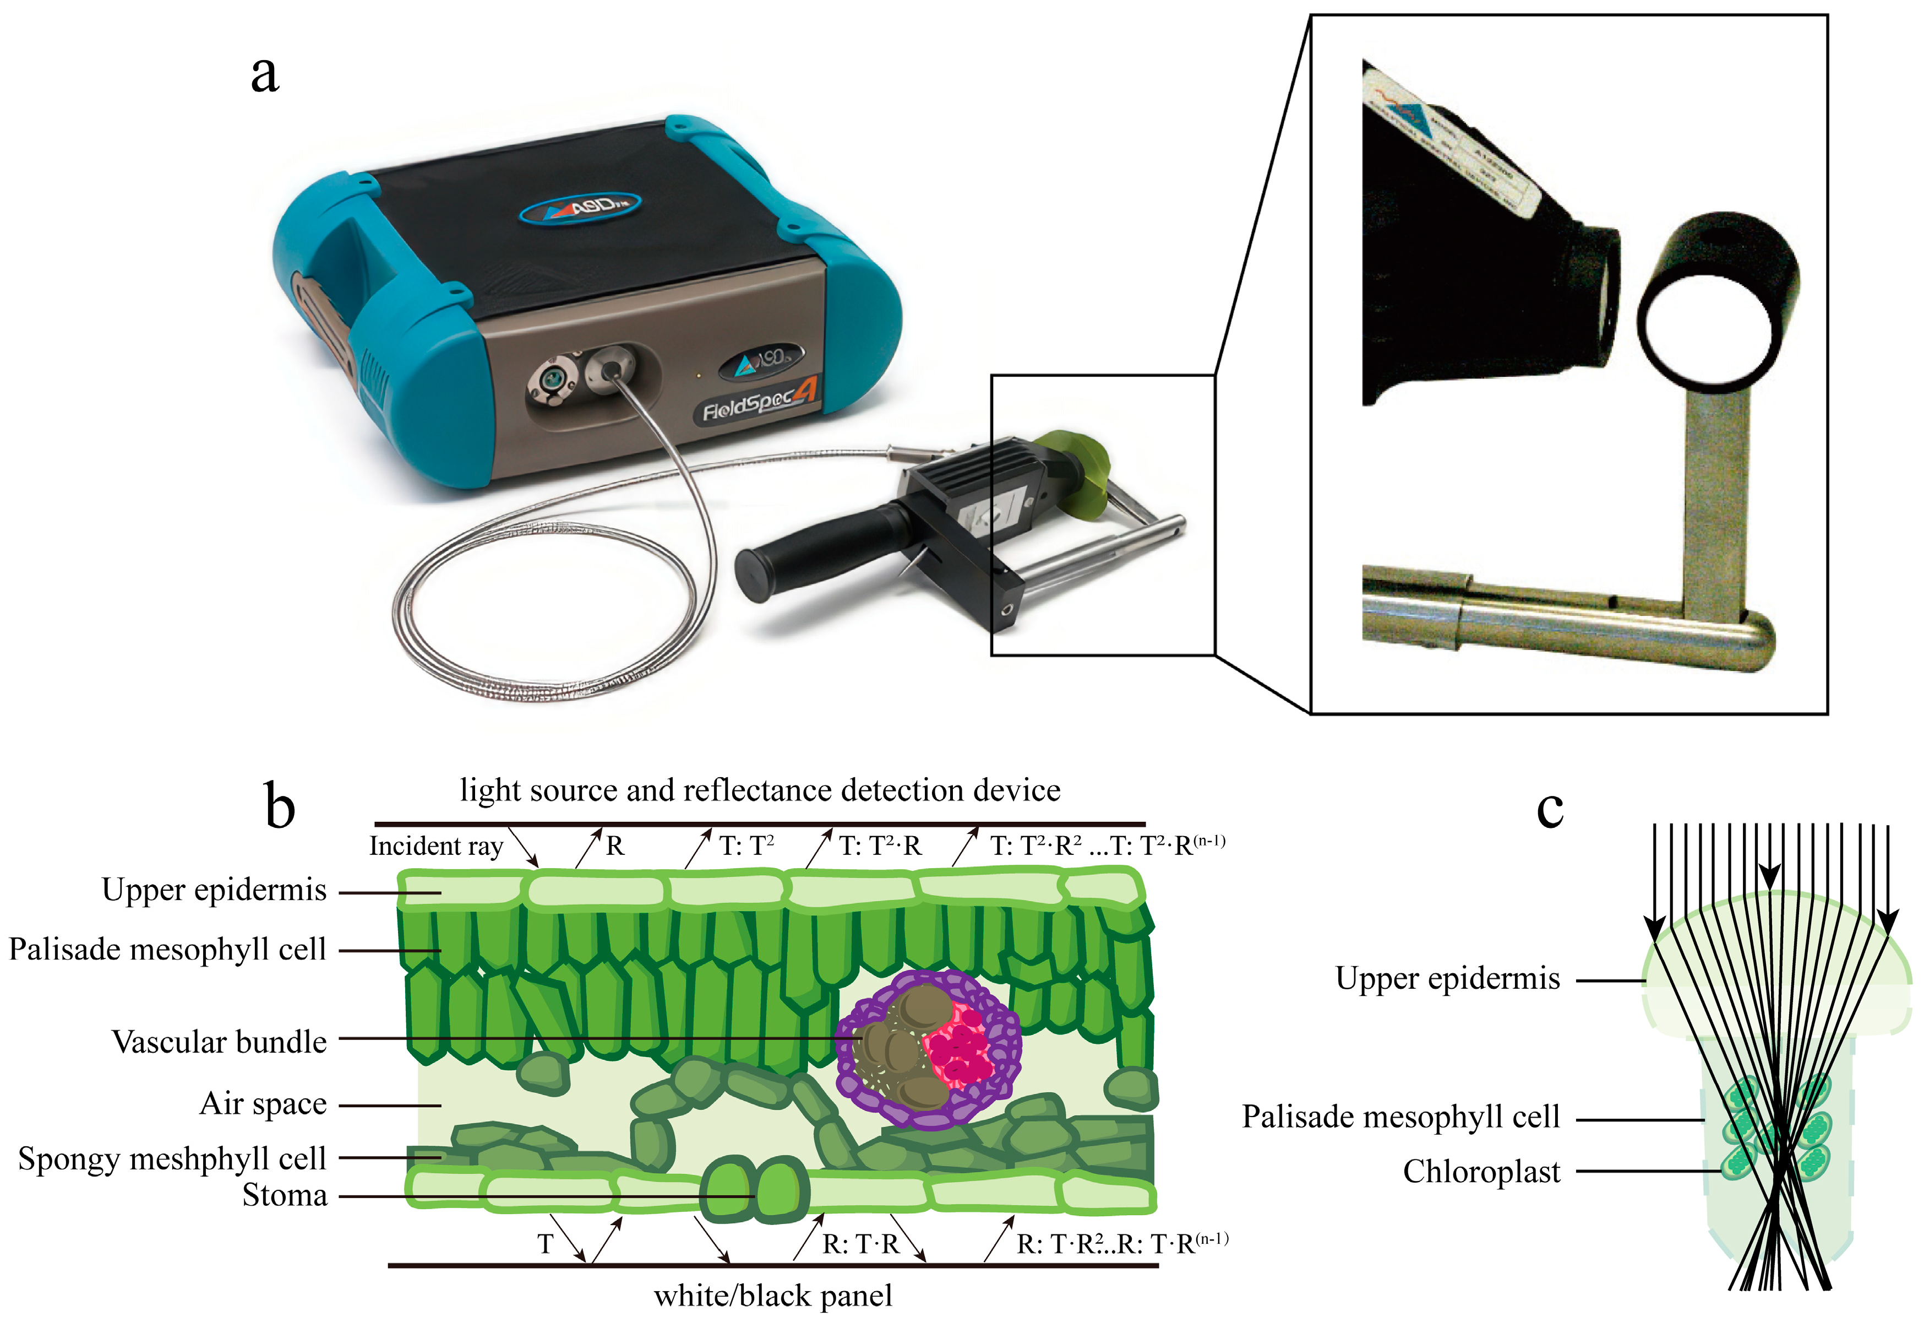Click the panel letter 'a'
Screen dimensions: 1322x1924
pos(265,74)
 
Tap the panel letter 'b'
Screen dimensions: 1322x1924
pos(280,806)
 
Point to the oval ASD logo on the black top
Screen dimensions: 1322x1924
pos(580,207)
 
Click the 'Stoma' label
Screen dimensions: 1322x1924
pos(285,1195)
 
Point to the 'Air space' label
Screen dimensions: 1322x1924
pos(263,1104)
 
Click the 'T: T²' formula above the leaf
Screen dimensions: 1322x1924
pos(746,846)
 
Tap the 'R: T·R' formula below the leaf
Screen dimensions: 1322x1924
pos(860,1244)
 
